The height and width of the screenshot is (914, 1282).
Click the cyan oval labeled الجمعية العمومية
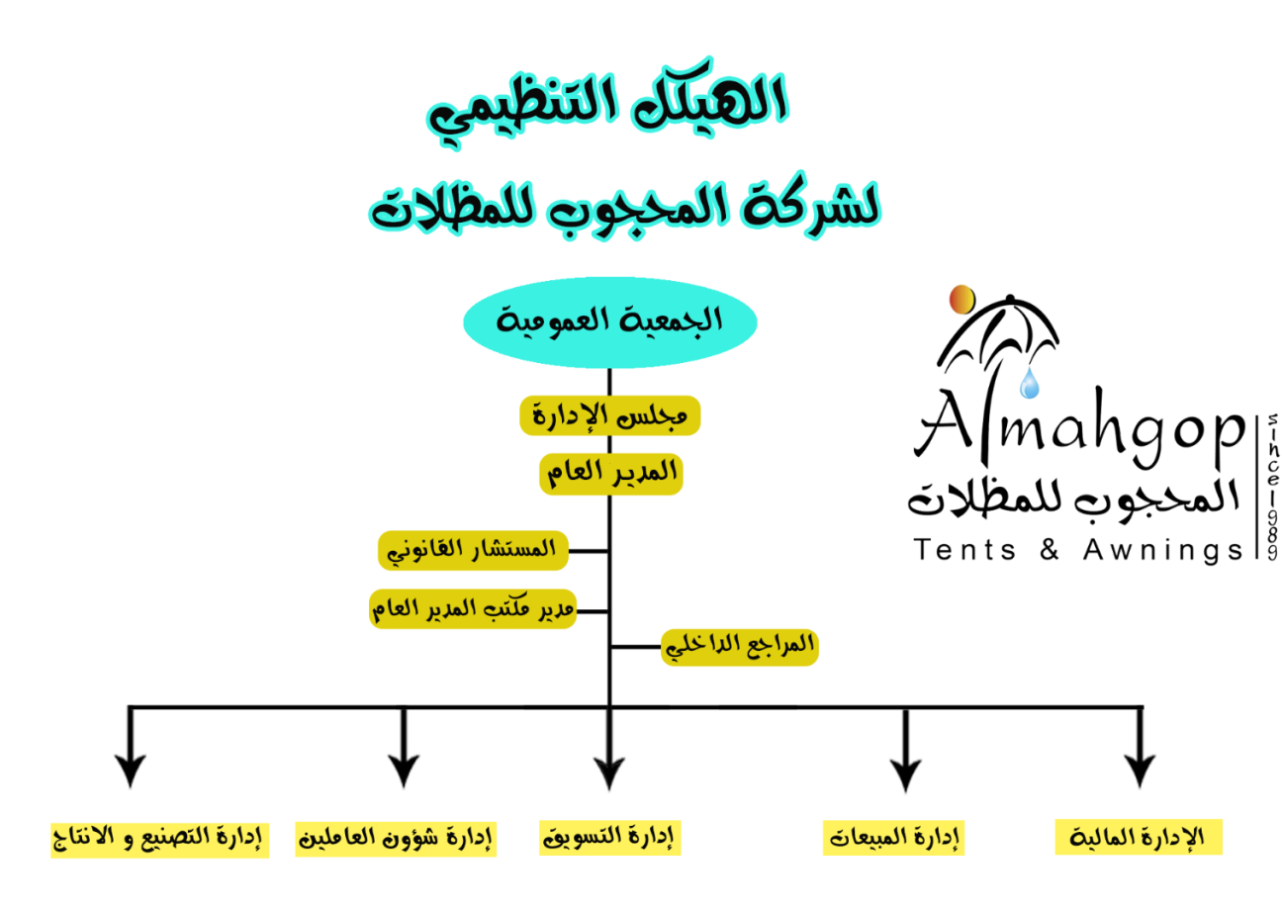[x=609, y=321]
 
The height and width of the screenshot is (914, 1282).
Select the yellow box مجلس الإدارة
[x=609, y=416]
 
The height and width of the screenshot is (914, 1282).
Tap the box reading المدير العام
[x=611, y=474]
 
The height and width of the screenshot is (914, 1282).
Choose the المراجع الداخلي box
[x=739, y=646]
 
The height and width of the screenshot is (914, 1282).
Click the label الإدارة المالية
[x=1139, y=837]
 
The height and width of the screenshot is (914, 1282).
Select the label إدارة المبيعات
[x=894, y=839]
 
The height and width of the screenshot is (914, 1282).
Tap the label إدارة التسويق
[x=610, y=838]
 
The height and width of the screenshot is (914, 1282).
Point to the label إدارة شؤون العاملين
[x=396, y=839]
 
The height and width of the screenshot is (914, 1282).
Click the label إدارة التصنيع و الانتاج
[x=159, y=839]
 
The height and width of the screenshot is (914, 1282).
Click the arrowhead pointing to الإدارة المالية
[x=1140, y=772]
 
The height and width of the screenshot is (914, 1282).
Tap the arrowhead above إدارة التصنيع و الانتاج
[x=130, y=772]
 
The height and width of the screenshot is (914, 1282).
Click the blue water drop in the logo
[x=1031, y=385]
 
